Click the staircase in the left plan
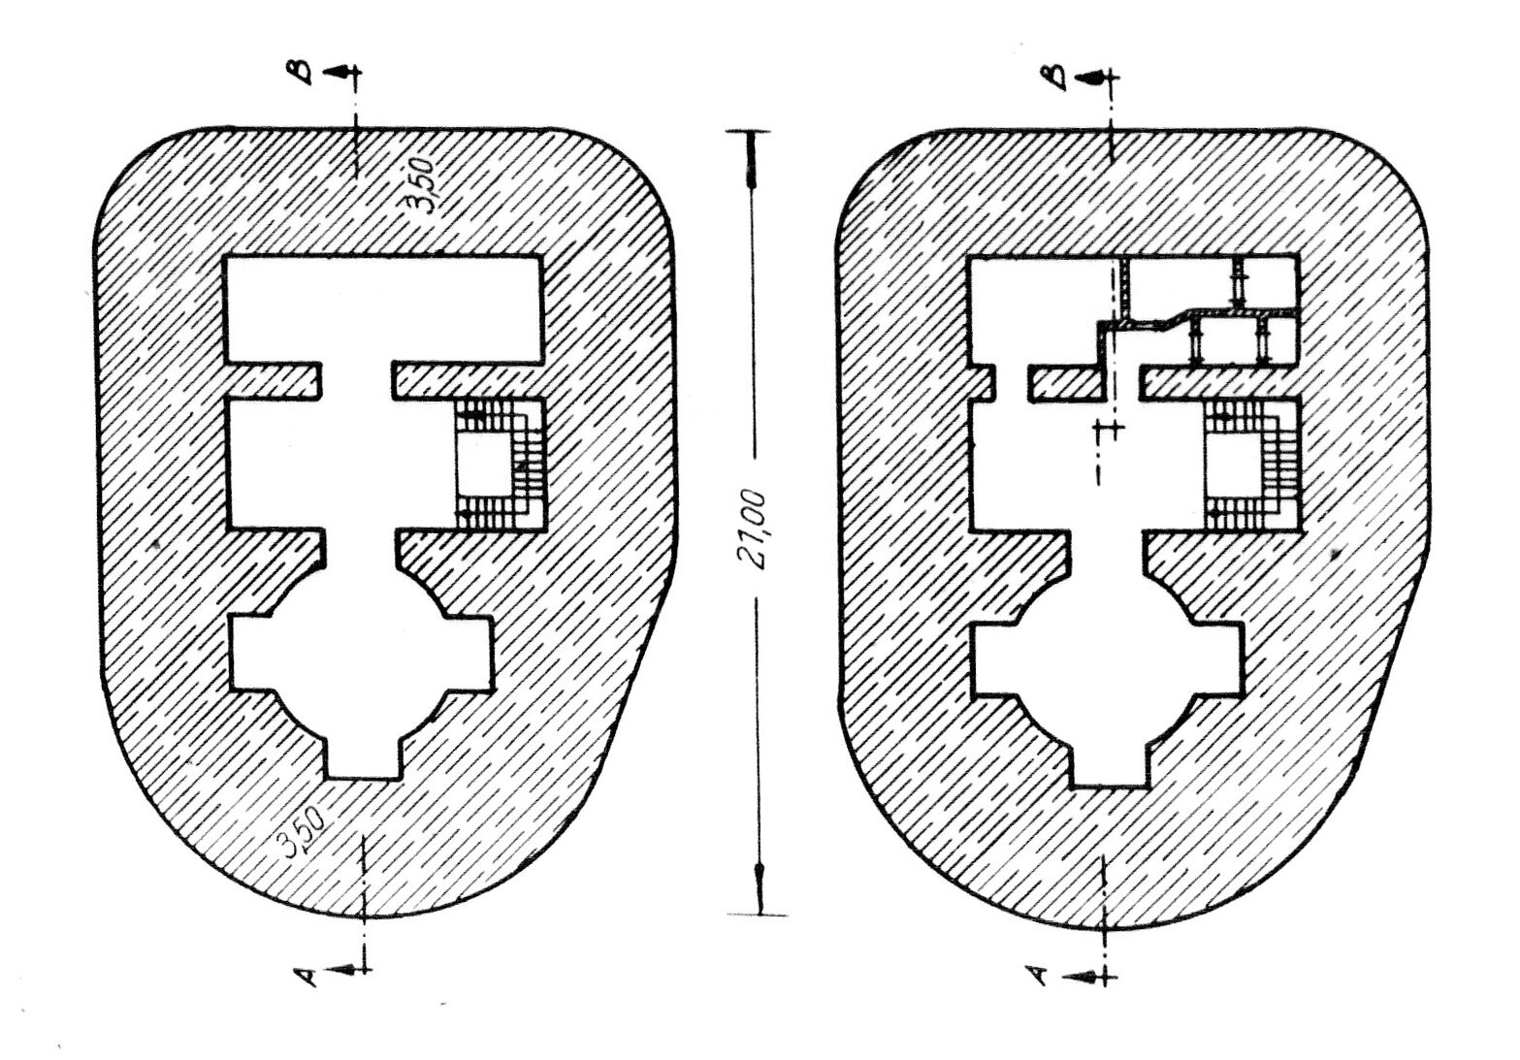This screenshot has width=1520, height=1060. pyautogui.click(x=501, y=465)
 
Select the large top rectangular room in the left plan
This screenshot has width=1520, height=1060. pyautogui.click(x=384, y=308)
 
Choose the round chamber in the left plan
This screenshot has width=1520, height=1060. pyautogui.click(x=360, y=655)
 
